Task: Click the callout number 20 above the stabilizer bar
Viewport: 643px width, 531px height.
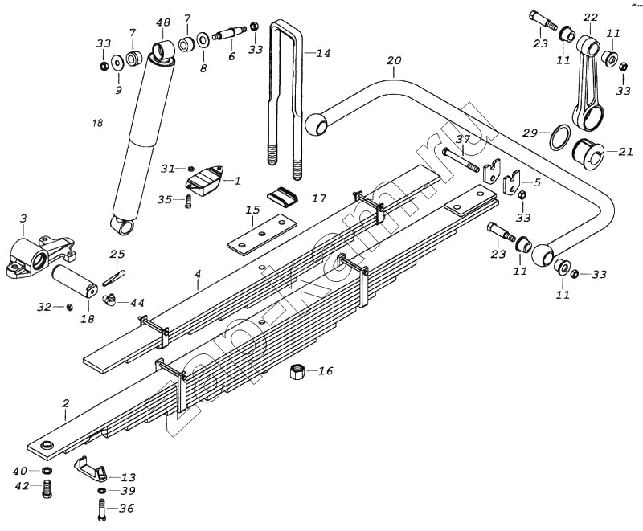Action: point(393,61)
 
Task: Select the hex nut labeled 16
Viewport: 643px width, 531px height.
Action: point(296,371)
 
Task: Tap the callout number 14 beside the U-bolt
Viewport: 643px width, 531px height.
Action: point(322,54)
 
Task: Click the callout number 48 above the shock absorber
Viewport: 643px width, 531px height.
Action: point(163,22)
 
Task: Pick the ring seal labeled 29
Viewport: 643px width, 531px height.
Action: point(559,137)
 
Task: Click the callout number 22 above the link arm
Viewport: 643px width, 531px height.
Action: point(591,18)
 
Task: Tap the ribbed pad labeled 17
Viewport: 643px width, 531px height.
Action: point(282,196)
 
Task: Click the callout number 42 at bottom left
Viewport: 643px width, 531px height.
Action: point(22,486)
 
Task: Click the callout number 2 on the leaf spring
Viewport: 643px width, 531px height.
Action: point(66,404)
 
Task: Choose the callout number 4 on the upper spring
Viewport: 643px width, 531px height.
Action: point(197,275)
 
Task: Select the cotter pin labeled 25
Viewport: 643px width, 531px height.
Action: point(114,275)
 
